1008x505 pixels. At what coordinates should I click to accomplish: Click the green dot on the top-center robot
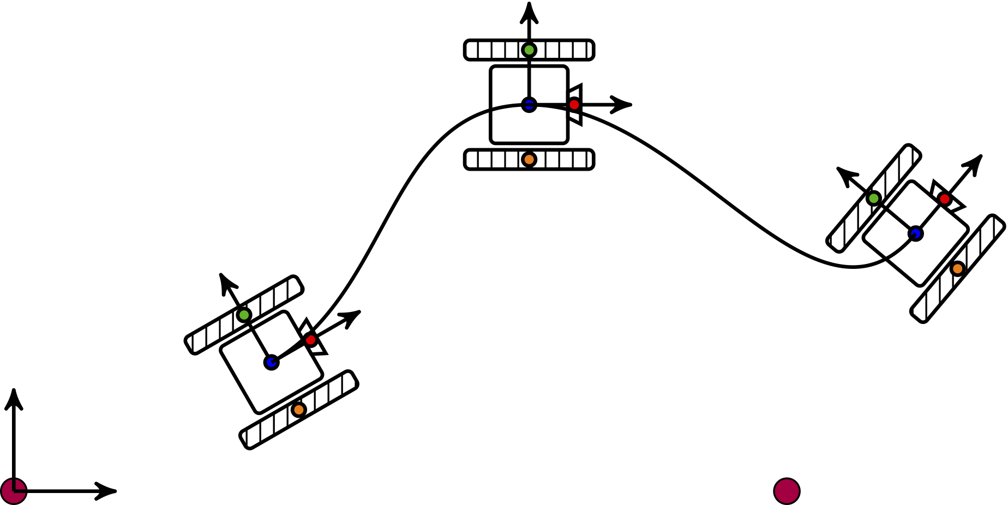coord(529,50)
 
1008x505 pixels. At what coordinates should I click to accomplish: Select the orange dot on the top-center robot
coord(529,159)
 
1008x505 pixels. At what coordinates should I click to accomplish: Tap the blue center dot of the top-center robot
coord(529,105)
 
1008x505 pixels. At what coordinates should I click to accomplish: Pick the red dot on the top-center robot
coord(574,104)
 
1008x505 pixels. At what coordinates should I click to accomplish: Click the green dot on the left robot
coord(244,315)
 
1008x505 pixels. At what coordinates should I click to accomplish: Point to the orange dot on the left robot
coord(298,410)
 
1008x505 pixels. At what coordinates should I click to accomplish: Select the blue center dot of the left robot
coord(271,362)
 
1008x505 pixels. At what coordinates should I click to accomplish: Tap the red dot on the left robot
coord(311,340)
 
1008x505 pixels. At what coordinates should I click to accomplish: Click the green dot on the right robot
coord(874,198)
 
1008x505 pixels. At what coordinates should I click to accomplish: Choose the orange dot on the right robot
coord(957,268)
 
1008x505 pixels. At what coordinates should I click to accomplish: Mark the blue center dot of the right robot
coord(915,233)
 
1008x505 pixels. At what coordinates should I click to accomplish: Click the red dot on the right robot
coord(945,199)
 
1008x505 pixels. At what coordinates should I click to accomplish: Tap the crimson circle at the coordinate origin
coord(14,491)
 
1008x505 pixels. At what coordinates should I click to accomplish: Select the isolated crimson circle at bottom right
coord(787,491)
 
